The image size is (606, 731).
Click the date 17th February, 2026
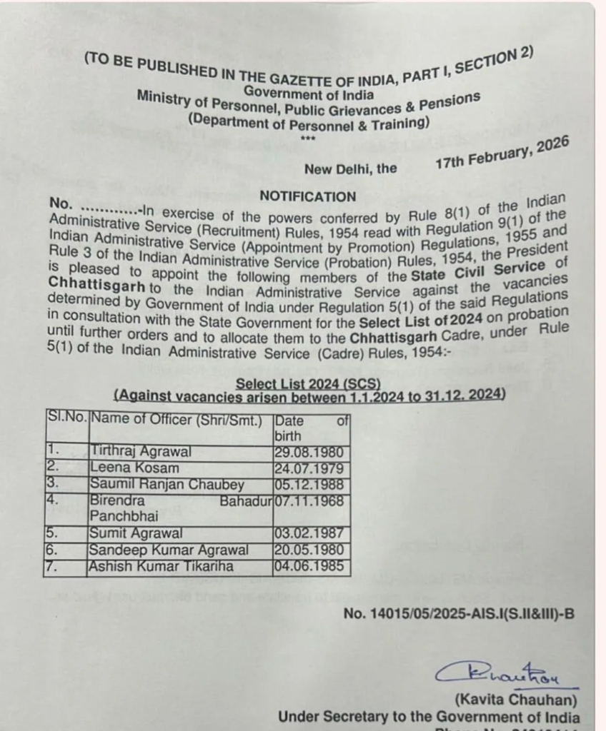pyautogui.click(x=502, y=152)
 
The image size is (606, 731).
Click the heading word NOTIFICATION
pyautogui.click(x=307, y=196)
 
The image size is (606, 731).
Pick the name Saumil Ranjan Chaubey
pyautogui.click(x=167, y=485)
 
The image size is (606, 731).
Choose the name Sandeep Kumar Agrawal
pyautogui.click(x=169, y=550)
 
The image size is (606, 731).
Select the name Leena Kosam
pyautogui.click(x=134, y=468)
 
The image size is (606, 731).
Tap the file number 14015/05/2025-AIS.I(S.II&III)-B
pyautogui.click(x=459, y=612)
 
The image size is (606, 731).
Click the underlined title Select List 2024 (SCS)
pyautogui.click(x=308, y=383)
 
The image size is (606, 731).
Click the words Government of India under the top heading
pyautogui.click(x=308, y=91)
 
